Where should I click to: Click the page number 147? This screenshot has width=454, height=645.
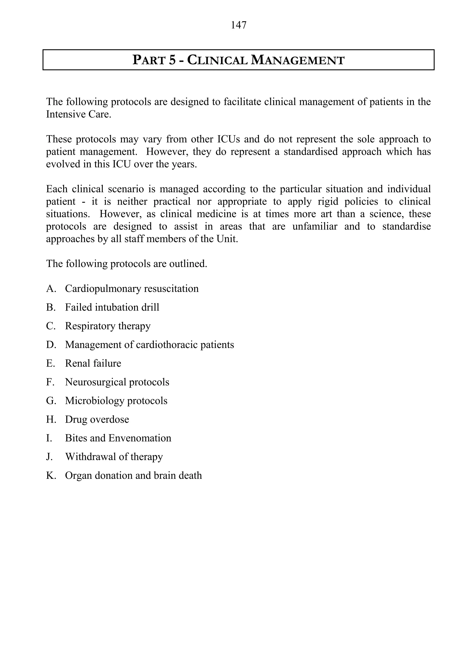[239, 25]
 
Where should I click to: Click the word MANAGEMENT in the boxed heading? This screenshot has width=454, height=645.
[297, 60]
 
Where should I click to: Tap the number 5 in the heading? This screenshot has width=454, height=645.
[172, 60]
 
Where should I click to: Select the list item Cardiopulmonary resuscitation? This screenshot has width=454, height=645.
[132, 289]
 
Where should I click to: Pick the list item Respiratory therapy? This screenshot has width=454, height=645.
[108, 326]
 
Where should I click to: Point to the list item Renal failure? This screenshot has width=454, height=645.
[93, 363]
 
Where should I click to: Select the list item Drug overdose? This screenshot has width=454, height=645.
[97, 419]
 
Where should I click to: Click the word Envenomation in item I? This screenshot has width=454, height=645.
[140, 438]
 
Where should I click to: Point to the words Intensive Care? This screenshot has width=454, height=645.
[78, 114]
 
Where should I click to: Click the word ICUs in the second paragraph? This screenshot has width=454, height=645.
[228, 139]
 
